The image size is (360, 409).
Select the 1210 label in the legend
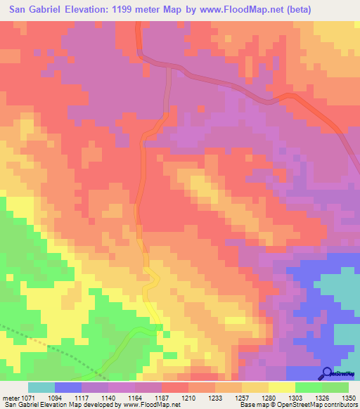(x=188, y=398)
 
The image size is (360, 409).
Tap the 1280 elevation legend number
(x=268, y=398)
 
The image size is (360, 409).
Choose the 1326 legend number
(x=321, y=398)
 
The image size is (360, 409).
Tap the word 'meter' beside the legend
(x=11, y=398)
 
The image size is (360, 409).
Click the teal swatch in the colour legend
(x=41, y=387)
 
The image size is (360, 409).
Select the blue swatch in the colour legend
(x=67, y=387)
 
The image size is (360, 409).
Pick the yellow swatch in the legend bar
(x=281, y=387)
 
